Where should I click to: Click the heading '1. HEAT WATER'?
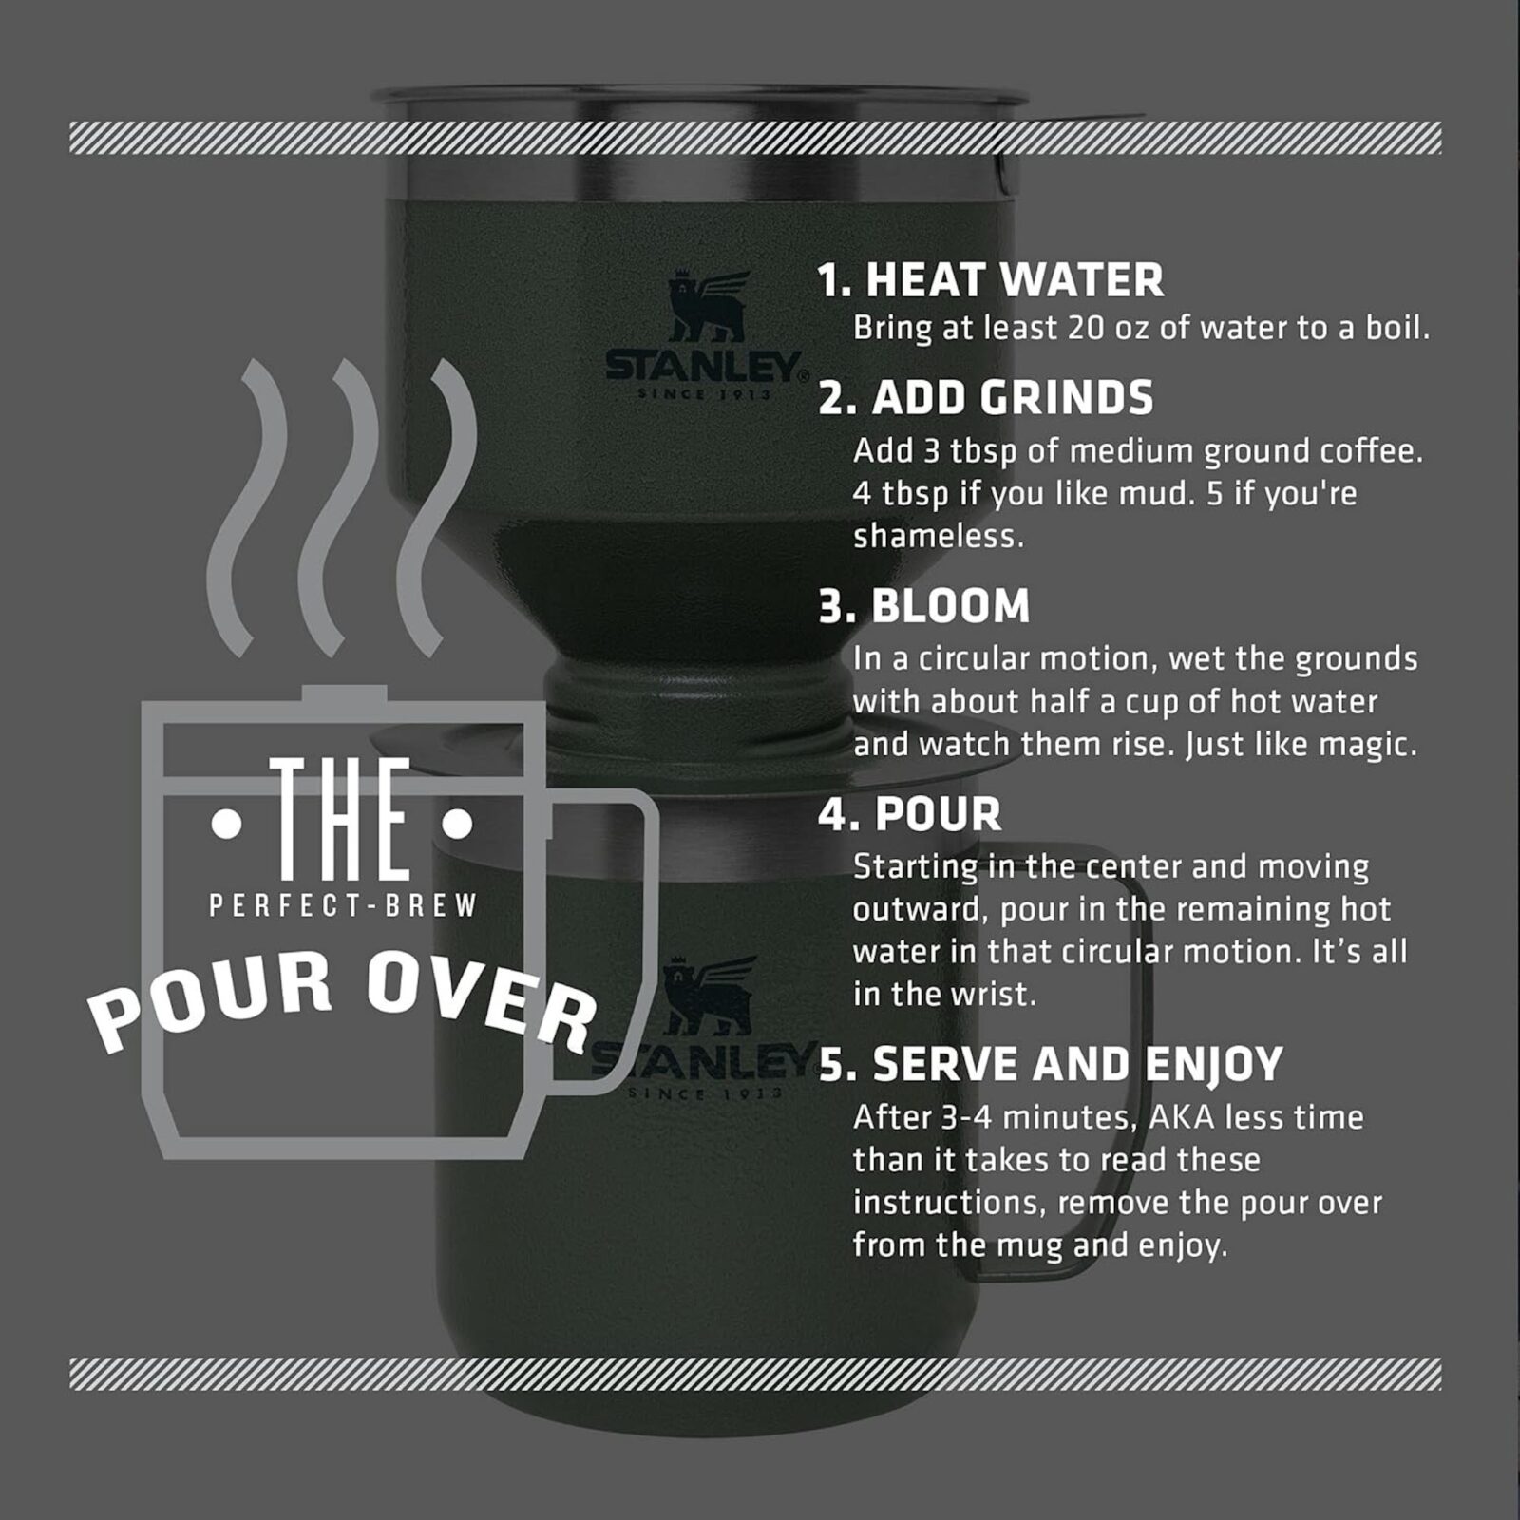point(990,280)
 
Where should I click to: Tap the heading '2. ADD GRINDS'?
point(985,398)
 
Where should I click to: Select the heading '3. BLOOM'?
point(923,606)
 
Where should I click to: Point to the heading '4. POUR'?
point(909,814)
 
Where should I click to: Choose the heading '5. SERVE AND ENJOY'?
point(1050,1064)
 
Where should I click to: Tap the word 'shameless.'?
point(939,537)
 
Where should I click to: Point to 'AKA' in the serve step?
point(1181,1117)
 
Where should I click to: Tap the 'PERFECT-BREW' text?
point(343,906)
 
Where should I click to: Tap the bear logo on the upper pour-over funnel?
point(708,307)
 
